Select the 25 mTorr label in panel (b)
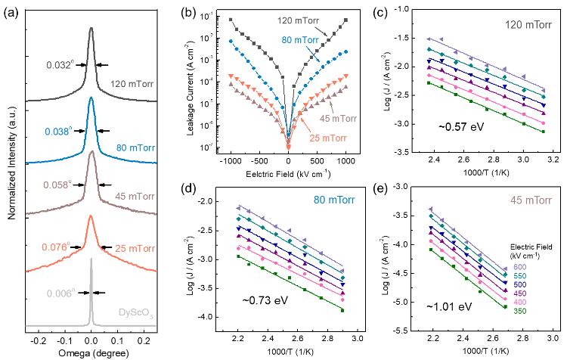pyautogui.click(x=315, y=123)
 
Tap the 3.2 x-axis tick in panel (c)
pyautogui.click(x=553, y=160)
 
